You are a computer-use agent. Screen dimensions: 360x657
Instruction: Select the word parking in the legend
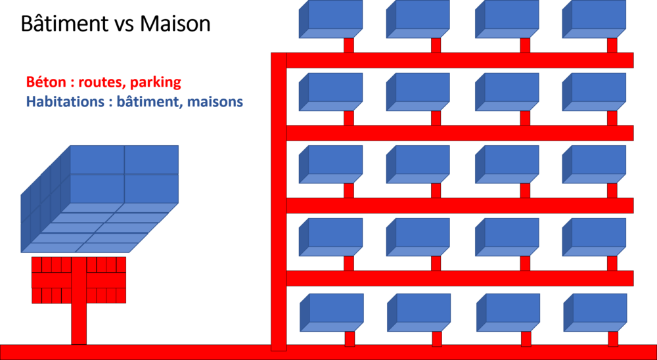[x=155, y=83]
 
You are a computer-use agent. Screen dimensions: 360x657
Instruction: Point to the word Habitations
[x=62, y=102]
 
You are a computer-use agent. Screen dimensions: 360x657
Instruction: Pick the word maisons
[x=217, y=102]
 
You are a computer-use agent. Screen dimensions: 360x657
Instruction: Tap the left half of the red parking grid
[x=51, y=280]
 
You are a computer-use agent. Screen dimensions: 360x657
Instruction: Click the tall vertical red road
[x=279, y=197]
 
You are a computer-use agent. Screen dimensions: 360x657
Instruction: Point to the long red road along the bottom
[x=328, y=352]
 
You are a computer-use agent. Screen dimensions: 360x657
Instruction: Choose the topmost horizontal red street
[x=460, y=60]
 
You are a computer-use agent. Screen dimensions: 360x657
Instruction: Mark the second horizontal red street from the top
[x=460, y=133]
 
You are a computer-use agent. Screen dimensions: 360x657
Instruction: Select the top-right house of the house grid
[x=595, y=18]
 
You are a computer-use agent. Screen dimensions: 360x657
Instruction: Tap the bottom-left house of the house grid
[x=332, y=311]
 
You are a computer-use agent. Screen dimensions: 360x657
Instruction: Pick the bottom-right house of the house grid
[x=595, y=311]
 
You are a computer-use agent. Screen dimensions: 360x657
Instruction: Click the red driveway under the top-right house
[x=612, y=45]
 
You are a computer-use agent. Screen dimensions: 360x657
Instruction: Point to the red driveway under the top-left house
[x=349, y=45]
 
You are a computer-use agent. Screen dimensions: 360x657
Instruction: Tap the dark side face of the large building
[x=45, y=197]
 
